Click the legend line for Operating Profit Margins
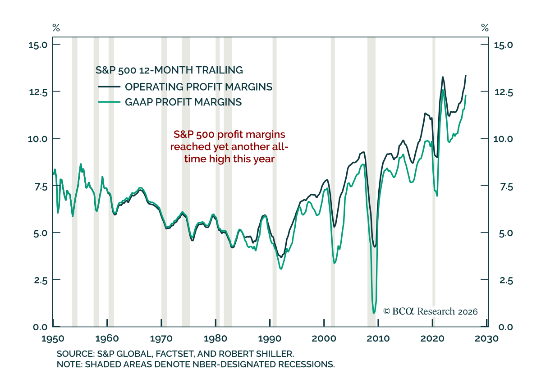[109, 87]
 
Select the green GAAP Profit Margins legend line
[109, 102]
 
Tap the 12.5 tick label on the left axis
[38, 92]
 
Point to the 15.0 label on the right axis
[504, 45]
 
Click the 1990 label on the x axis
[270, 338]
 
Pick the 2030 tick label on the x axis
[486, 338]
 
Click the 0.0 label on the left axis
[40, 327]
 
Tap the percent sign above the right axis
[485, 28]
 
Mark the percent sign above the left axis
[56, 28]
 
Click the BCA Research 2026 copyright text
[431, 311]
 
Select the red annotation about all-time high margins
[229, 146]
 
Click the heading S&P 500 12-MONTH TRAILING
[169, 70]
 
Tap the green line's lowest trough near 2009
[374, 313]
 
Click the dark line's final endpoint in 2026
[466, 76]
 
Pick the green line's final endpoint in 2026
[466, 96]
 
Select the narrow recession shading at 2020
[434, 182]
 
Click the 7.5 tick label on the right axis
[506, 187]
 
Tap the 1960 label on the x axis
[107, 338]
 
